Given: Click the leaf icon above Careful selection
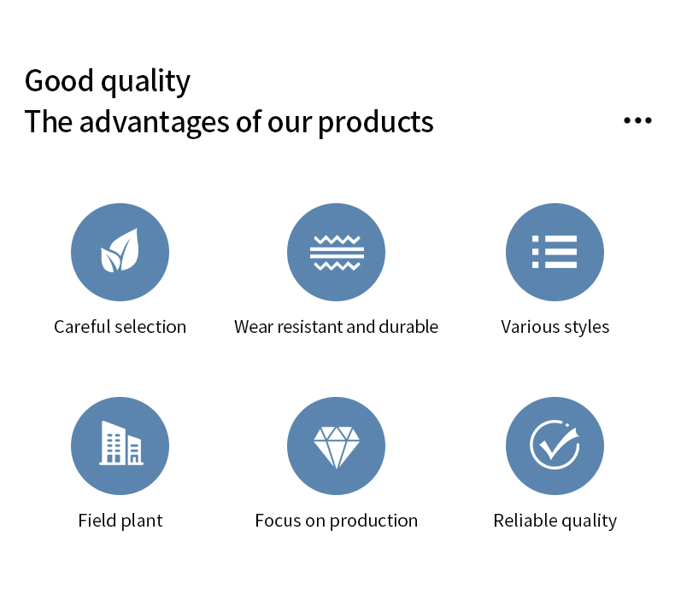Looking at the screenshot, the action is [120, 250].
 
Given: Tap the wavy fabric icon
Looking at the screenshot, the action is [337, 253].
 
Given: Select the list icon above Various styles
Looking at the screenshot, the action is [555, 252].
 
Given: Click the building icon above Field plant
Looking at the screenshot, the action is [121, 443].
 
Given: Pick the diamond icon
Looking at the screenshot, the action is [337, 447].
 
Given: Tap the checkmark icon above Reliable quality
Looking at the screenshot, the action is [555, 444].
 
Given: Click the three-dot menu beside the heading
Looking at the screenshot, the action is [637, 120].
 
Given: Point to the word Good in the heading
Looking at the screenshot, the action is [59, 81].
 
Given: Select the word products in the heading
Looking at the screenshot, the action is [375, 124].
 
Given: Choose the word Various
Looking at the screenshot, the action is [529, 327].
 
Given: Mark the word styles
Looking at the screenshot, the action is [587, 328].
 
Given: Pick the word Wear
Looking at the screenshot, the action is [254, 327].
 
